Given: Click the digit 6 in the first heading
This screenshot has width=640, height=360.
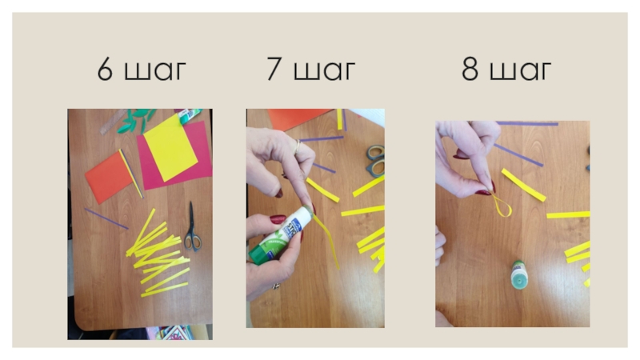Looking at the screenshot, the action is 105,69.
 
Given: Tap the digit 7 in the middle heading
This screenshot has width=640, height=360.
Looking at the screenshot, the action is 274,69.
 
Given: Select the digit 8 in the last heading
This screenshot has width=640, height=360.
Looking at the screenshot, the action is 470,69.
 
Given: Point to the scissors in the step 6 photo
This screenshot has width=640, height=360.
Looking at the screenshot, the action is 192,228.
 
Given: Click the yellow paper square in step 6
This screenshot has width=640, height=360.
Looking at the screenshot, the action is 170,148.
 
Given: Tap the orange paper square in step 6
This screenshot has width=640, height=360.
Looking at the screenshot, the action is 110,177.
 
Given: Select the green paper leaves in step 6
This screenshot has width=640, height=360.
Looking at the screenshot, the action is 135,121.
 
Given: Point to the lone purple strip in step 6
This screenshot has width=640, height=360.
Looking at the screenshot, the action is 106,218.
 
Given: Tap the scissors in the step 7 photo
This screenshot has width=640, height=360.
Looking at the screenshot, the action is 375,161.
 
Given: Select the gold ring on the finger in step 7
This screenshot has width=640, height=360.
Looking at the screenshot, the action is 297,147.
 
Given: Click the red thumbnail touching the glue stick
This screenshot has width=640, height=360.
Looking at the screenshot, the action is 278,219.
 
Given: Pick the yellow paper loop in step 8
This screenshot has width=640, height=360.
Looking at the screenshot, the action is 501,206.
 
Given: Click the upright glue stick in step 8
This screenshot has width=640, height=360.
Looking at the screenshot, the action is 519,274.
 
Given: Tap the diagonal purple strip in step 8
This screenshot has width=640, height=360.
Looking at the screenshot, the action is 518,155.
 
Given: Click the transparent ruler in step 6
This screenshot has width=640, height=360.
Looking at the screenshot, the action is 113,122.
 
